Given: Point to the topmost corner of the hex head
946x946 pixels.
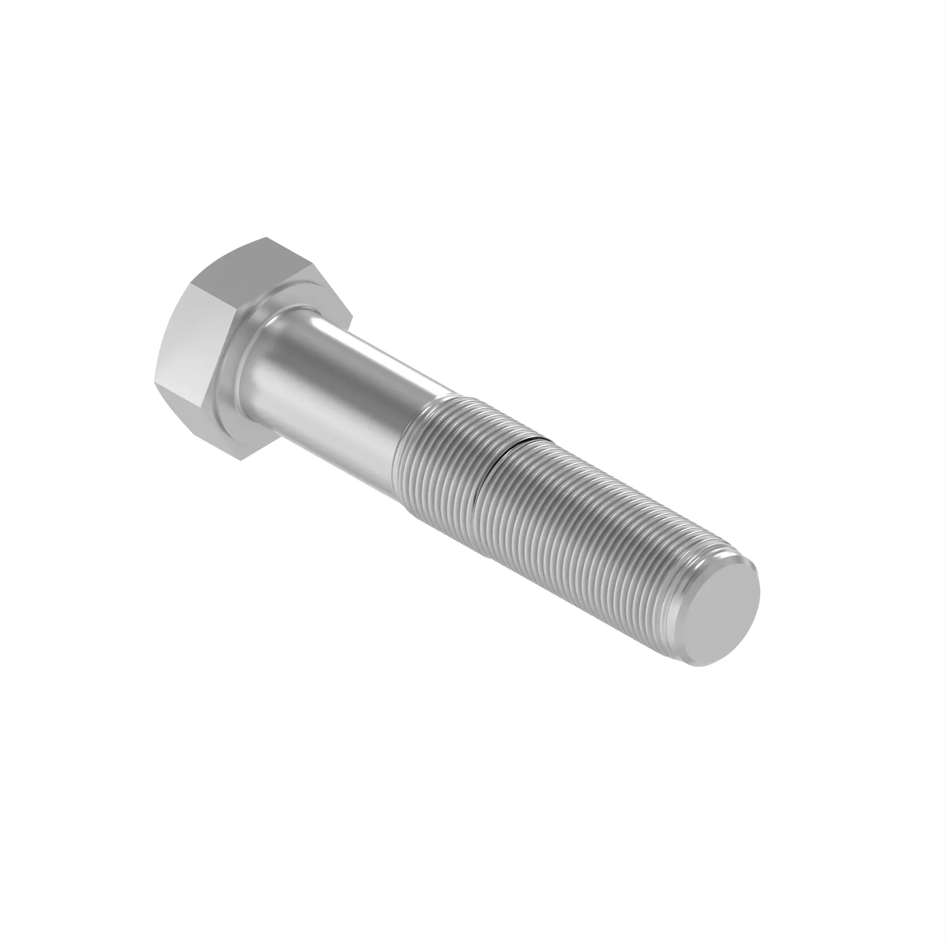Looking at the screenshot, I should [267, 238].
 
